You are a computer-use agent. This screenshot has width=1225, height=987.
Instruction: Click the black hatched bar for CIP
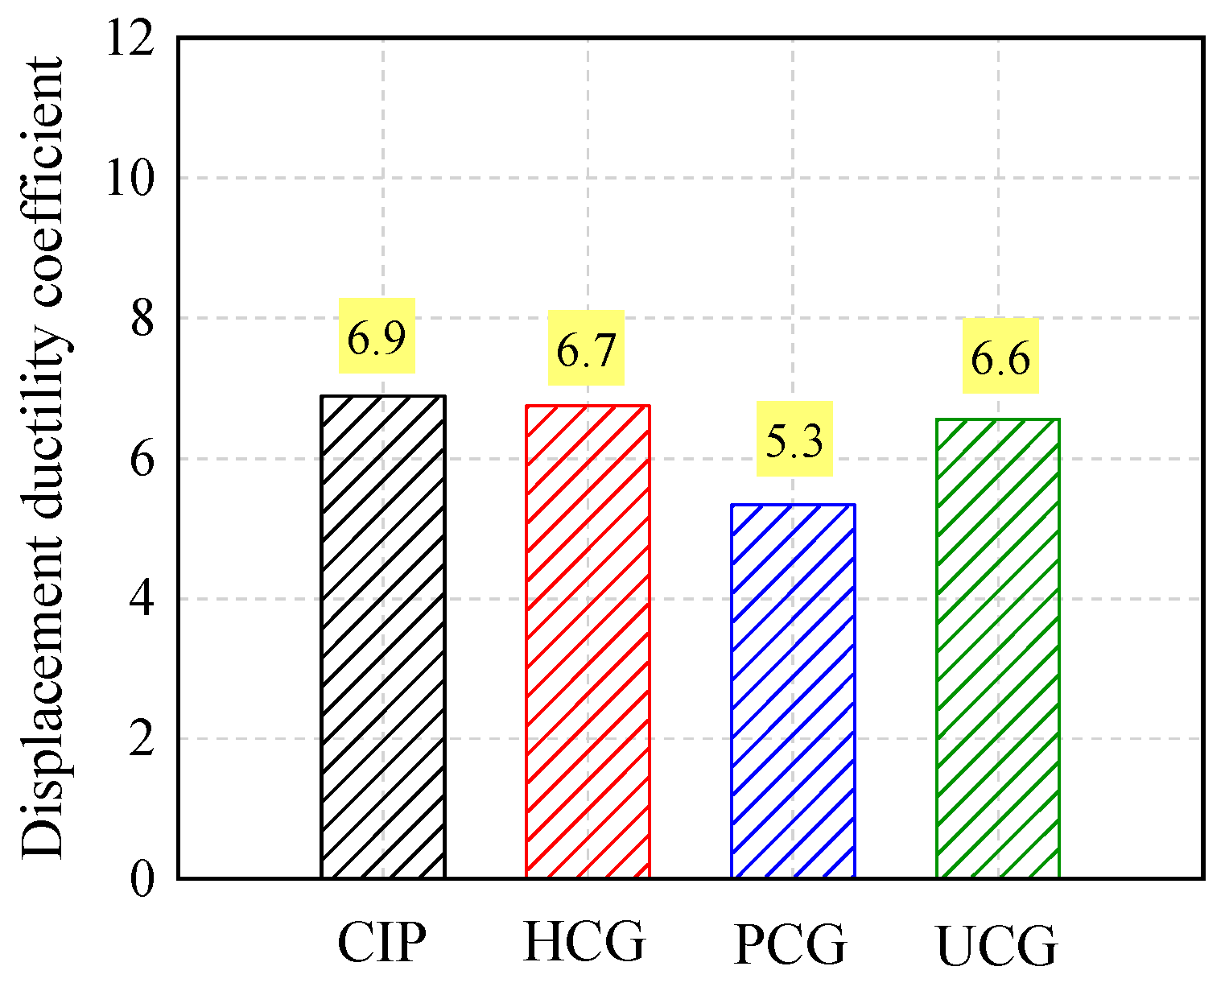tap(382, 637)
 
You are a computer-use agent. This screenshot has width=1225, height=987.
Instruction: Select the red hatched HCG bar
tap(588, 642)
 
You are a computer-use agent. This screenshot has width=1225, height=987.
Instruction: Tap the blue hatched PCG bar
tap(793, 692)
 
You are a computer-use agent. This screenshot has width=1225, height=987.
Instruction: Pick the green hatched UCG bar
tap(998, 648)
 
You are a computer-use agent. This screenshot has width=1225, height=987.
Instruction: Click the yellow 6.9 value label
tap(377, 336)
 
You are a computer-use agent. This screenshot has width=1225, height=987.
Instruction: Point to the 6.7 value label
tap(586, 348)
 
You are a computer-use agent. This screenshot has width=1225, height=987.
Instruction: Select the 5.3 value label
tap(794, 439)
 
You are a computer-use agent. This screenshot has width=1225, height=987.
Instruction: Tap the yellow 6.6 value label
tap(1000, 356)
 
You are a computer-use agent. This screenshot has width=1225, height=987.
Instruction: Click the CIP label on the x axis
tap(382, 942)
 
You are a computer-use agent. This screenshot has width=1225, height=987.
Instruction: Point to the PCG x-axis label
tap(790, 944)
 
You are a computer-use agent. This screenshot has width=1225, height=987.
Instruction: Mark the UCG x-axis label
tap(997, 945)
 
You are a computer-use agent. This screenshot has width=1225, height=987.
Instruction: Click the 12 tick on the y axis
tap(130, 37)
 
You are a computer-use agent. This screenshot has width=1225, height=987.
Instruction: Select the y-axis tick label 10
tap(130, 178)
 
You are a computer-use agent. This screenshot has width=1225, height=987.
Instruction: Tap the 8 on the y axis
tap(142, 318)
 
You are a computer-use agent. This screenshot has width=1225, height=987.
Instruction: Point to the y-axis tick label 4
tap(142, 599)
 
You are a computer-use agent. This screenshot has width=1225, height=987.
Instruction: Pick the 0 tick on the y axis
tap(142, 879)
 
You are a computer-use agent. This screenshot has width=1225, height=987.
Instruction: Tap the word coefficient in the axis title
tap(41, 182)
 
